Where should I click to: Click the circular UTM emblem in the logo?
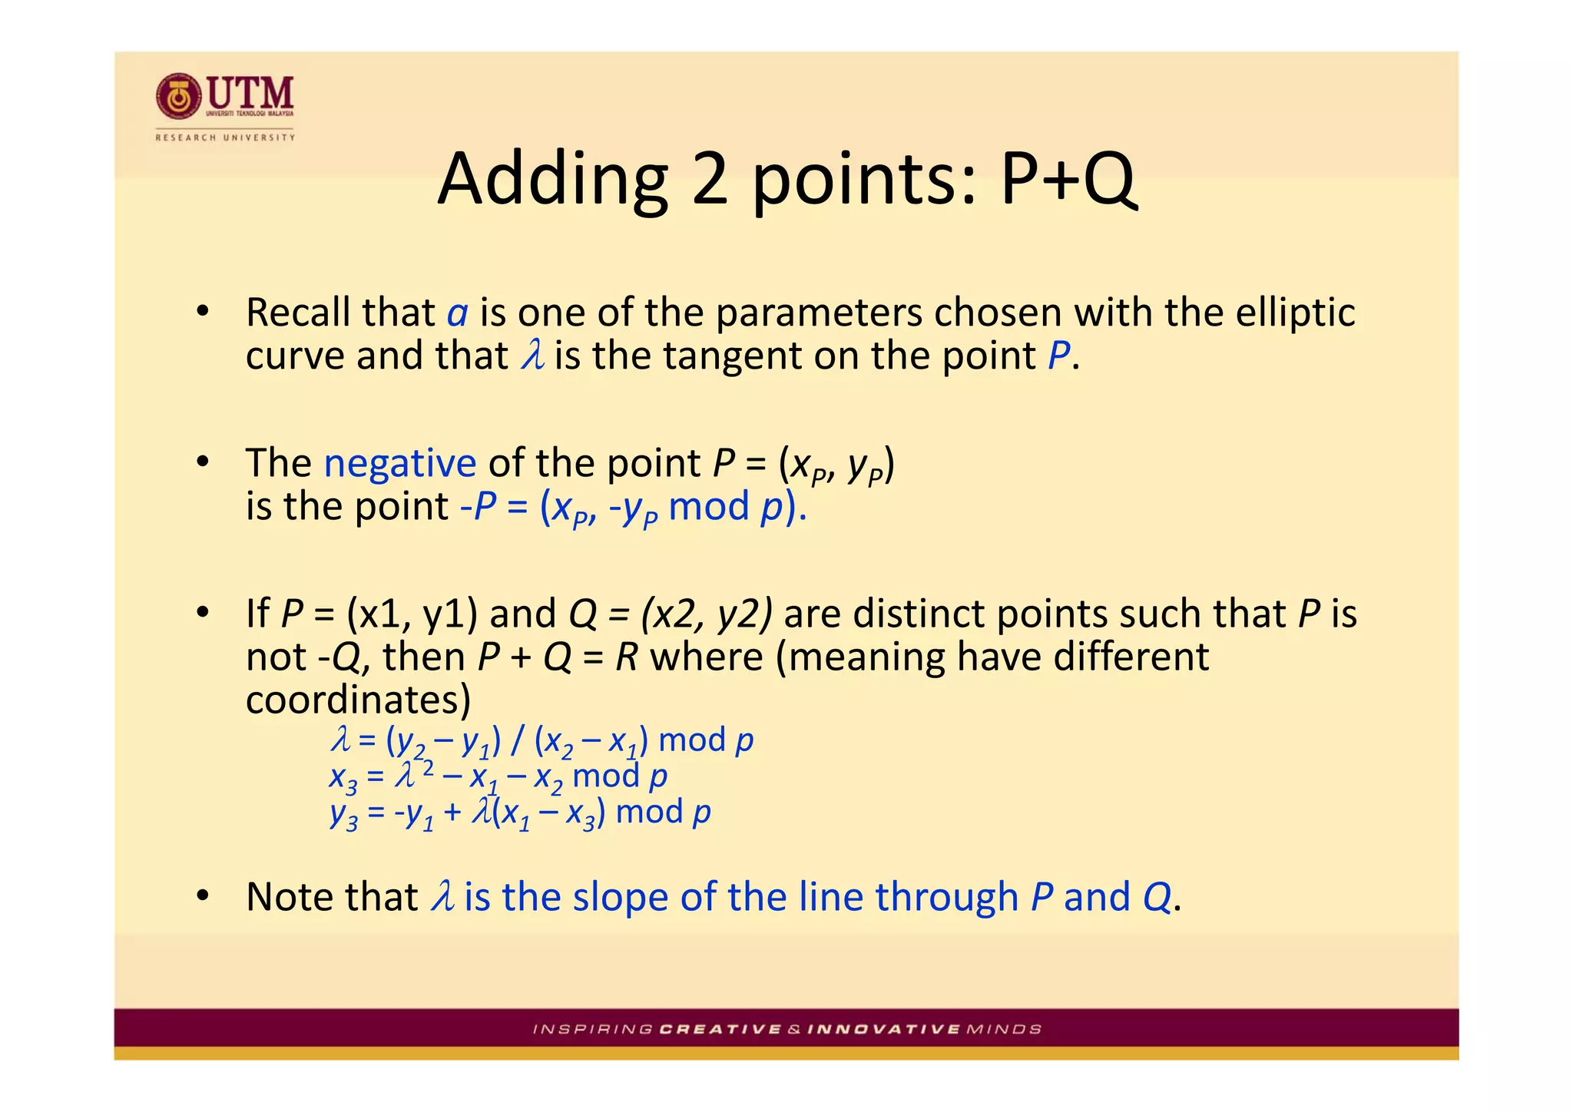tap(179, 97)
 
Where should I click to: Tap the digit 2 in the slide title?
tap(709, 180)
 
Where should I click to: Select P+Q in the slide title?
tap(1067, 180)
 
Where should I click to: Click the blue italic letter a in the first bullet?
tap(458, 313)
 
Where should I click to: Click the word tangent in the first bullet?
tap(721, 356)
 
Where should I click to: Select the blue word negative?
tap(400, 463)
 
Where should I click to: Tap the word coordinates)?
tap(358, 700)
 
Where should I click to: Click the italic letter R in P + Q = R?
tap(627, 657)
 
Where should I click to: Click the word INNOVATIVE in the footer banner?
tap(883, 1029)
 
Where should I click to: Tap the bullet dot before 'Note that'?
tap(202, 896)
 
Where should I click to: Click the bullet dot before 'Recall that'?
tap(202, 312)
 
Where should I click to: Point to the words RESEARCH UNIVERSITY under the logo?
tap(225, 137)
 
